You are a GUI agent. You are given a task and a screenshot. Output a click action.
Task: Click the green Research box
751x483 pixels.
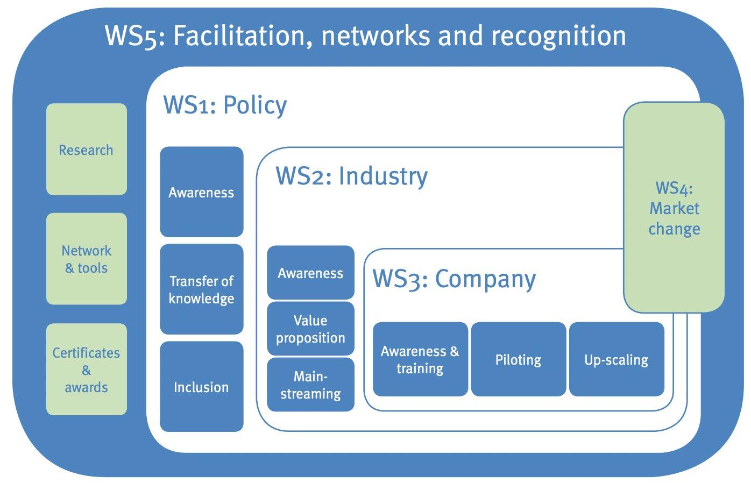(x=86, y=150)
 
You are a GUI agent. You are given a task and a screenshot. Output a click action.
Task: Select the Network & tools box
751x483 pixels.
(x=86, y=259)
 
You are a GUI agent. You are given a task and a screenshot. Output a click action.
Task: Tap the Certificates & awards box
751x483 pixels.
(x=86, y=370)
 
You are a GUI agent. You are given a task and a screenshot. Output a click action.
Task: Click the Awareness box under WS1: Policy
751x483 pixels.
(x=201, y=192)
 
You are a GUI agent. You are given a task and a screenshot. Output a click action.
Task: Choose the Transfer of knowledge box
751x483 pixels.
(x=201, y=289)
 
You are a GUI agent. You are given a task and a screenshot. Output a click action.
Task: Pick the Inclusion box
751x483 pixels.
(x=201, y=387)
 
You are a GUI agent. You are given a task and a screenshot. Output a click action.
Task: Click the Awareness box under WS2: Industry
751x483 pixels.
(x=310, y=273)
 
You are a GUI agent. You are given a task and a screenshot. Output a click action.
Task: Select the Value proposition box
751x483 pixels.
(x=310, y=329)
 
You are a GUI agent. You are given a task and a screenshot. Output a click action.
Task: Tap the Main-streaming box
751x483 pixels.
(x=310, y=385)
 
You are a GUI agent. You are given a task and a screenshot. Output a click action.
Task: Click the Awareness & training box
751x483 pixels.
(x=420, y=359)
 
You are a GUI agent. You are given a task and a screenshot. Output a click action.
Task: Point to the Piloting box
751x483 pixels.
(x=518, y=359)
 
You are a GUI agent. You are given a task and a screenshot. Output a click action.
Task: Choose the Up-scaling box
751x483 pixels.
(x=616, y=359)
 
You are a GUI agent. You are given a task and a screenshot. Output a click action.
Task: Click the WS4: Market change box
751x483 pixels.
(x=674, y=208)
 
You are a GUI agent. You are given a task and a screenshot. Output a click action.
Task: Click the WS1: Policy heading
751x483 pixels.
(x=225, y=105)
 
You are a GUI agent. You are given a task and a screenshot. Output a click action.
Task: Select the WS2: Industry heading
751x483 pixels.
(x=351, y=176)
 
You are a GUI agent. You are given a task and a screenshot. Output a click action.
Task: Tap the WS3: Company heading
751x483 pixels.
(x=454, y=279)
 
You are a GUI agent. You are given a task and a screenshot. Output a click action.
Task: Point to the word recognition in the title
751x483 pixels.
(x=558, y=36)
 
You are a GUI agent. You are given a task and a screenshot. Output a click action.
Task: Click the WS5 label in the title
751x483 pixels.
(x=134, y=36)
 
